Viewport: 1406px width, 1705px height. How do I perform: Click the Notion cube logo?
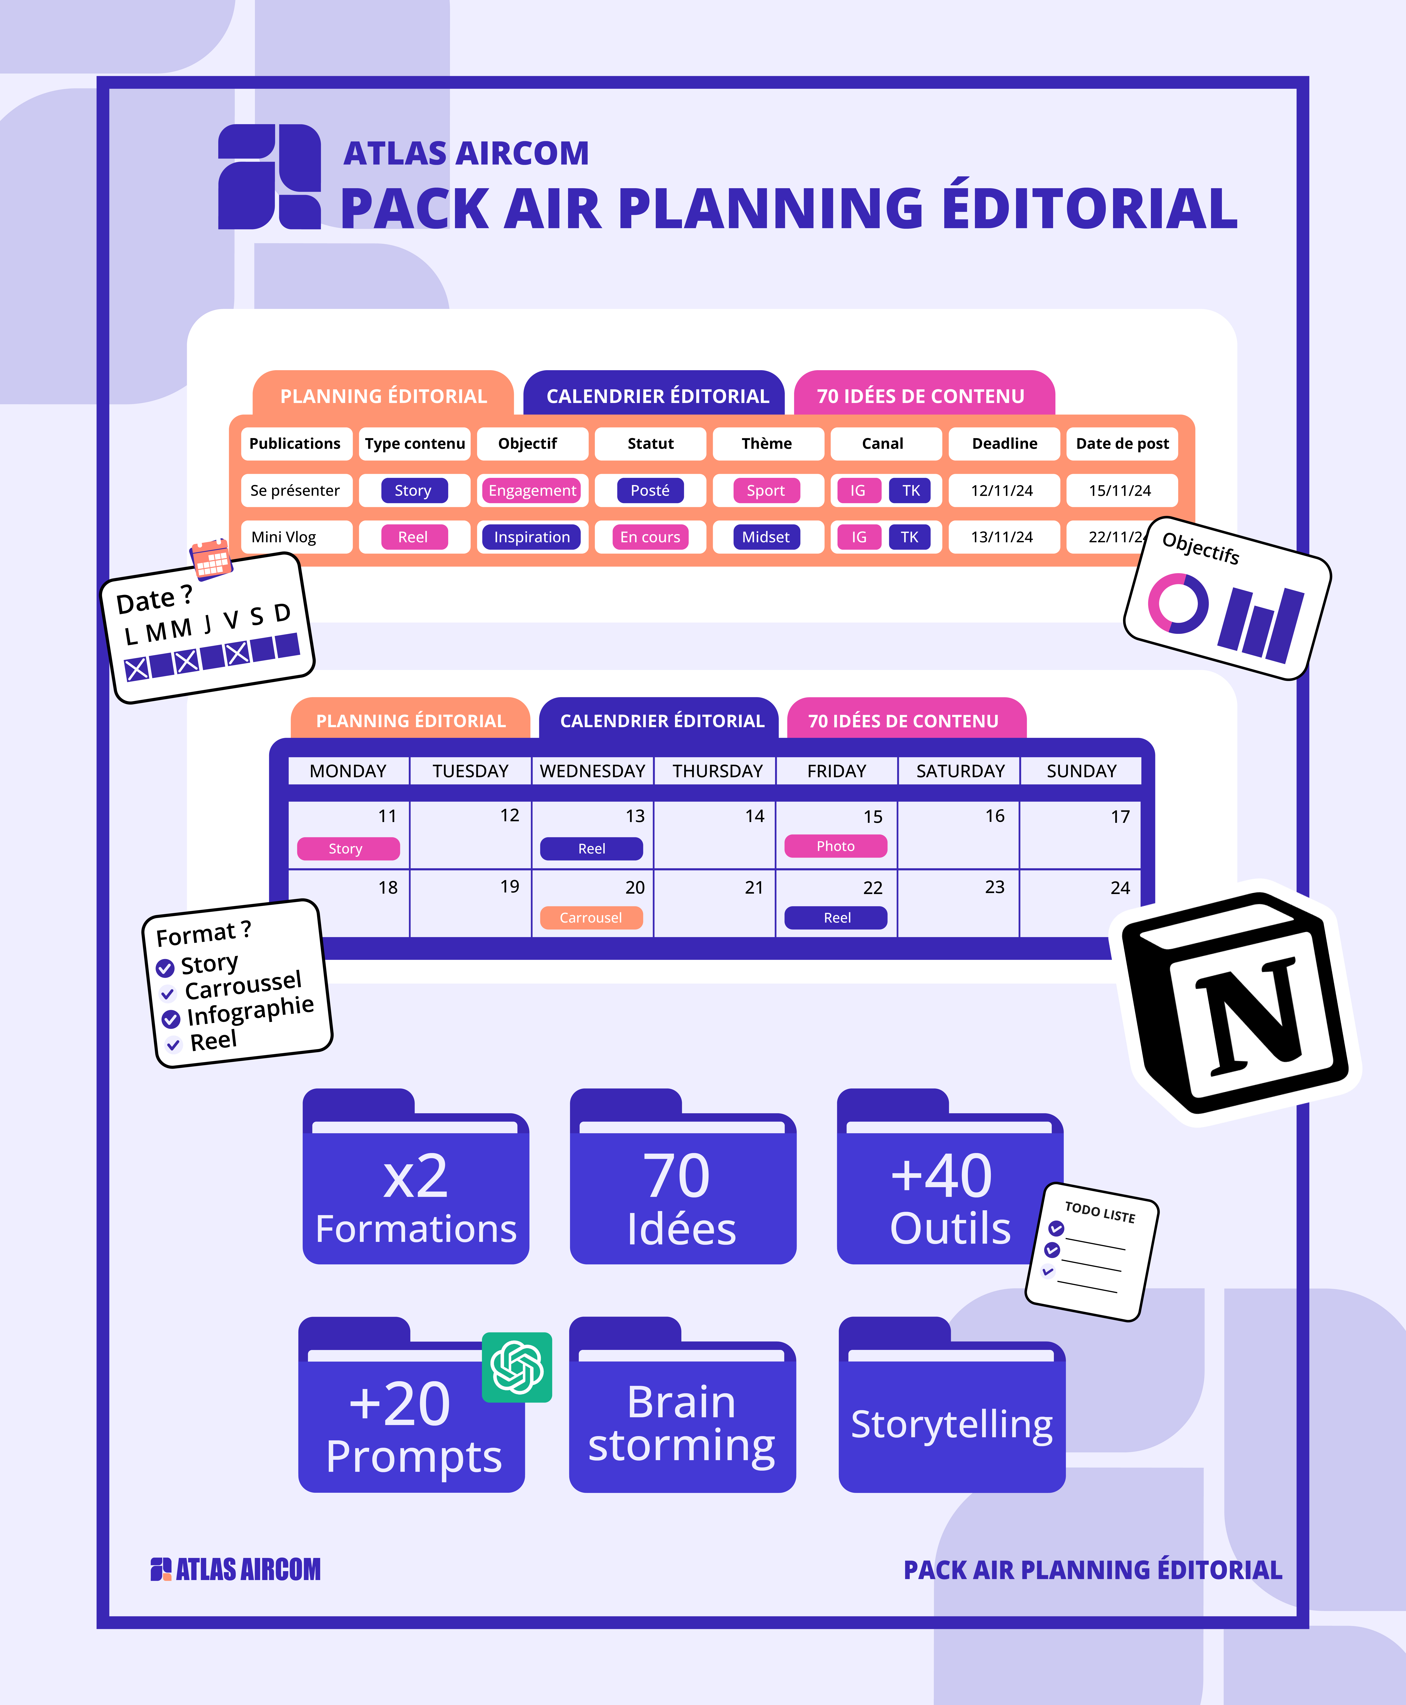point(1235,1004)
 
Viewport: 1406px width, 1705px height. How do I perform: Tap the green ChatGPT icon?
point(517,1367)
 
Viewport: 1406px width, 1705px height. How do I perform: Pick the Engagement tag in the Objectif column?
point(532,491)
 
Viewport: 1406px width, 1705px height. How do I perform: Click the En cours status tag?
point(650,537)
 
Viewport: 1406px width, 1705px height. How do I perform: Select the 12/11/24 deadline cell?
point(1002,491)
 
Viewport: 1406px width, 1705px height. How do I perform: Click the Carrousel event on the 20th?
point(591,918)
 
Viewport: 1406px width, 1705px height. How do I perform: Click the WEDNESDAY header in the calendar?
point(593,771)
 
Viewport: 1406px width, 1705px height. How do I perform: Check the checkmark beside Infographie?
point(171,1019)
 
